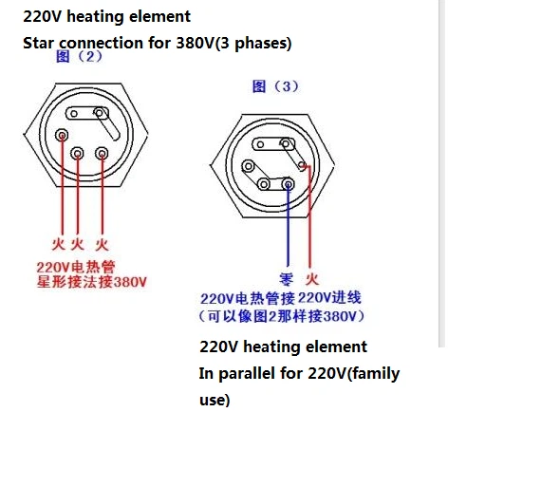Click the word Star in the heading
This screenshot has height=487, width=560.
point(38,43)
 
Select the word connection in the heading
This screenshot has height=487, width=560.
point(101,43)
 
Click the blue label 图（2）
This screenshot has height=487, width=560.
point(79,56)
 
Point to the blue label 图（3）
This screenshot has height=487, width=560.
point(275,86)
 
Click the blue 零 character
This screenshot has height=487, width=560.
point(287,279)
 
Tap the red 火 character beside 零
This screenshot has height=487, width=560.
point(311,279)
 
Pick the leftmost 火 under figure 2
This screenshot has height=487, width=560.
point(58,244)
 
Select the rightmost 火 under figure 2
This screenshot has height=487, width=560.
point(102,245)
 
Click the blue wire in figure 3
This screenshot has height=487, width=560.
point(288,225)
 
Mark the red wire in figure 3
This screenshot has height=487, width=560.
point(309,216)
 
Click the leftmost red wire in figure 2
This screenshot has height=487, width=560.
point(62,185)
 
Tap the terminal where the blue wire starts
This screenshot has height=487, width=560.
point(288,184)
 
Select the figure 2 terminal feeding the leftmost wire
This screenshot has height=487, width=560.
point(62,135)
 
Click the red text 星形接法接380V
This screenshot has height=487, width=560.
point(92,282)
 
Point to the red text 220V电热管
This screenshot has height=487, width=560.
point(76,268)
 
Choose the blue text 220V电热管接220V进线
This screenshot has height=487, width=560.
point(281,298)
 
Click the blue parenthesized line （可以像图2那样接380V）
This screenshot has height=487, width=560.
point(282,316)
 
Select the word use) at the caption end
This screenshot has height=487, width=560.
point(215,401)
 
